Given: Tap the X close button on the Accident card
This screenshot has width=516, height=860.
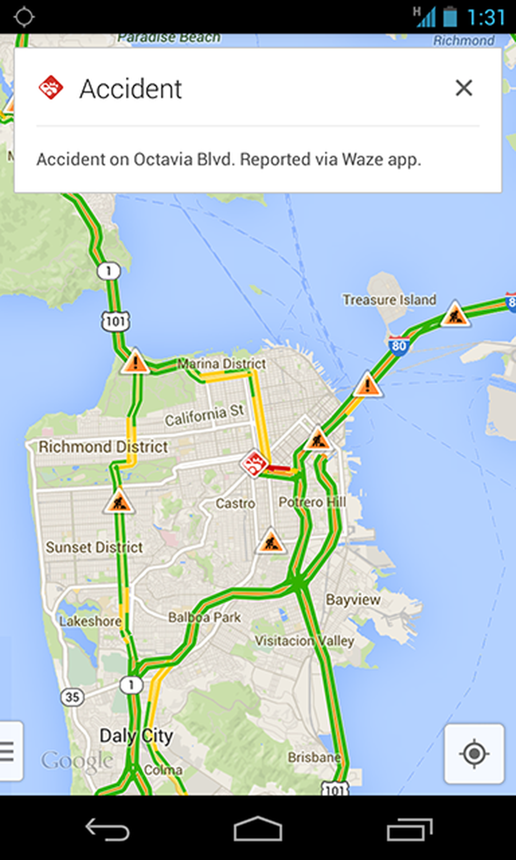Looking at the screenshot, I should [464, 88].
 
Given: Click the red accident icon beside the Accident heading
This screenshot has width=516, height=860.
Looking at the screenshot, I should [51, 88].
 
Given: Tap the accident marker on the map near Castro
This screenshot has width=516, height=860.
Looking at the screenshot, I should [254, 463].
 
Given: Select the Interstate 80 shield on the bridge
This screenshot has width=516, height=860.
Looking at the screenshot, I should [399, 346].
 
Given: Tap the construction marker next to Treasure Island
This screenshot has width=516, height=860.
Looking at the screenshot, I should [455, 315].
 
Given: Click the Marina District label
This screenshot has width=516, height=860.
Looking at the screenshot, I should [222, 364].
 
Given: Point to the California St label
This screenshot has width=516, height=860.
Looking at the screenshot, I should [204, 416].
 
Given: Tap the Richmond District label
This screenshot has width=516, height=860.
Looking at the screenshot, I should [103, 447].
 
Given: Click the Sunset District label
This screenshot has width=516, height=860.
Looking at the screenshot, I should [94, 547].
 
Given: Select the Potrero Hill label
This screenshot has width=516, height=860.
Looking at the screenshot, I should [312, 502].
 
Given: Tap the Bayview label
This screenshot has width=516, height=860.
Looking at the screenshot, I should [353, 599].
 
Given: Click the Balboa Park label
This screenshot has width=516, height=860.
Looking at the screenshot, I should [204, 617].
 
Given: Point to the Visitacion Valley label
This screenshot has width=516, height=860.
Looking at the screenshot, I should [304, 640].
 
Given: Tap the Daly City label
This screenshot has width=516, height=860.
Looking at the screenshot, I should [136, 736].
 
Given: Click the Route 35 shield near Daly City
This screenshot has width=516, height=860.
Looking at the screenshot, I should [72, 697].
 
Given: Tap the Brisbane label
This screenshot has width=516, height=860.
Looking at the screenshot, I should [314, 757].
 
